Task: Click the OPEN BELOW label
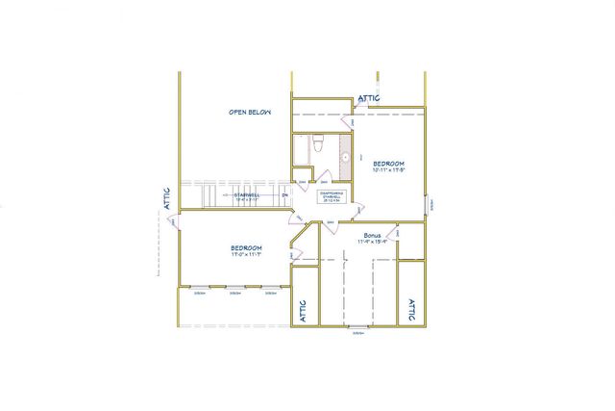(x=250, y=113)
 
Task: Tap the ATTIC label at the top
(x=369, y=98)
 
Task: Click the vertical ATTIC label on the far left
(x=167, y=197)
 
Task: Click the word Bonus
(x=374, y=235)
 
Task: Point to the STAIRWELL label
(x=248, y=194)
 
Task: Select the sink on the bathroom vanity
(x=346, y=157)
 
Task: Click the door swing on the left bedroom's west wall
(x=173, y=223)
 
